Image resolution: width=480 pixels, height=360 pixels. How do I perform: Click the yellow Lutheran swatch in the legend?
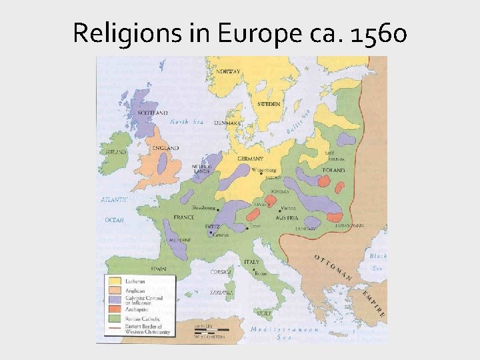coord(114,281)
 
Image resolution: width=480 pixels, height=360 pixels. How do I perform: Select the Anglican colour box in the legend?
coord(114,290)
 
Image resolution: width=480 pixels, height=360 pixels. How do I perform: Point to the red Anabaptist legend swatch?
coord(114,309)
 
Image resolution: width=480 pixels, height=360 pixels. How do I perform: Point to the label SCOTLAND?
coord(153,113)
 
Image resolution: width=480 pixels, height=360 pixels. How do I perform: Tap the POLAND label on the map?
coord(333,171)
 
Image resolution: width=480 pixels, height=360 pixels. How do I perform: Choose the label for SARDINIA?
coord(222,292)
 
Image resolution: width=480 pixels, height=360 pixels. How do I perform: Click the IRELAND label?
coord(117,152)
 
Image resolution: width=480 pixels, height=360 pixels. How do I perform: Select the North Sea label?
coord(186,122)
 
